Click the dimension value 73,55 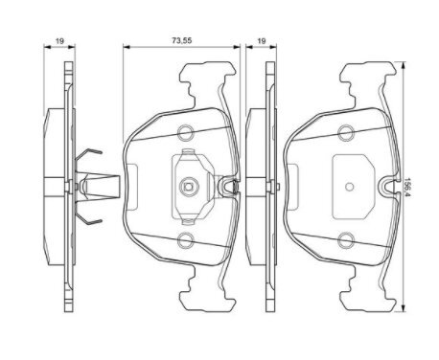[x=182, y=40]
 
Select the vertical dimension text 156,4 [x=407, y=187]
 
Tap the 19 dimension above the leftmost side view [x=59, y=41]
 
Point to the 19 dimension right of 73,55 [x=262, y=41]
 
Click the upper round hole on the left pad [x=185, y=132]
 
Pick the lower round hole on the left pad [x=185, y=240]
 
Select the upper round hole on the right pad [x=346, y=132]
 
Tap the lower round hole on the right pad [x=346, y=240]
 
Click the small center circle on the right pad [x=350, y=187]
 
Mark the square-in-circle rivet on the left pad [x=189, y=187]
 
